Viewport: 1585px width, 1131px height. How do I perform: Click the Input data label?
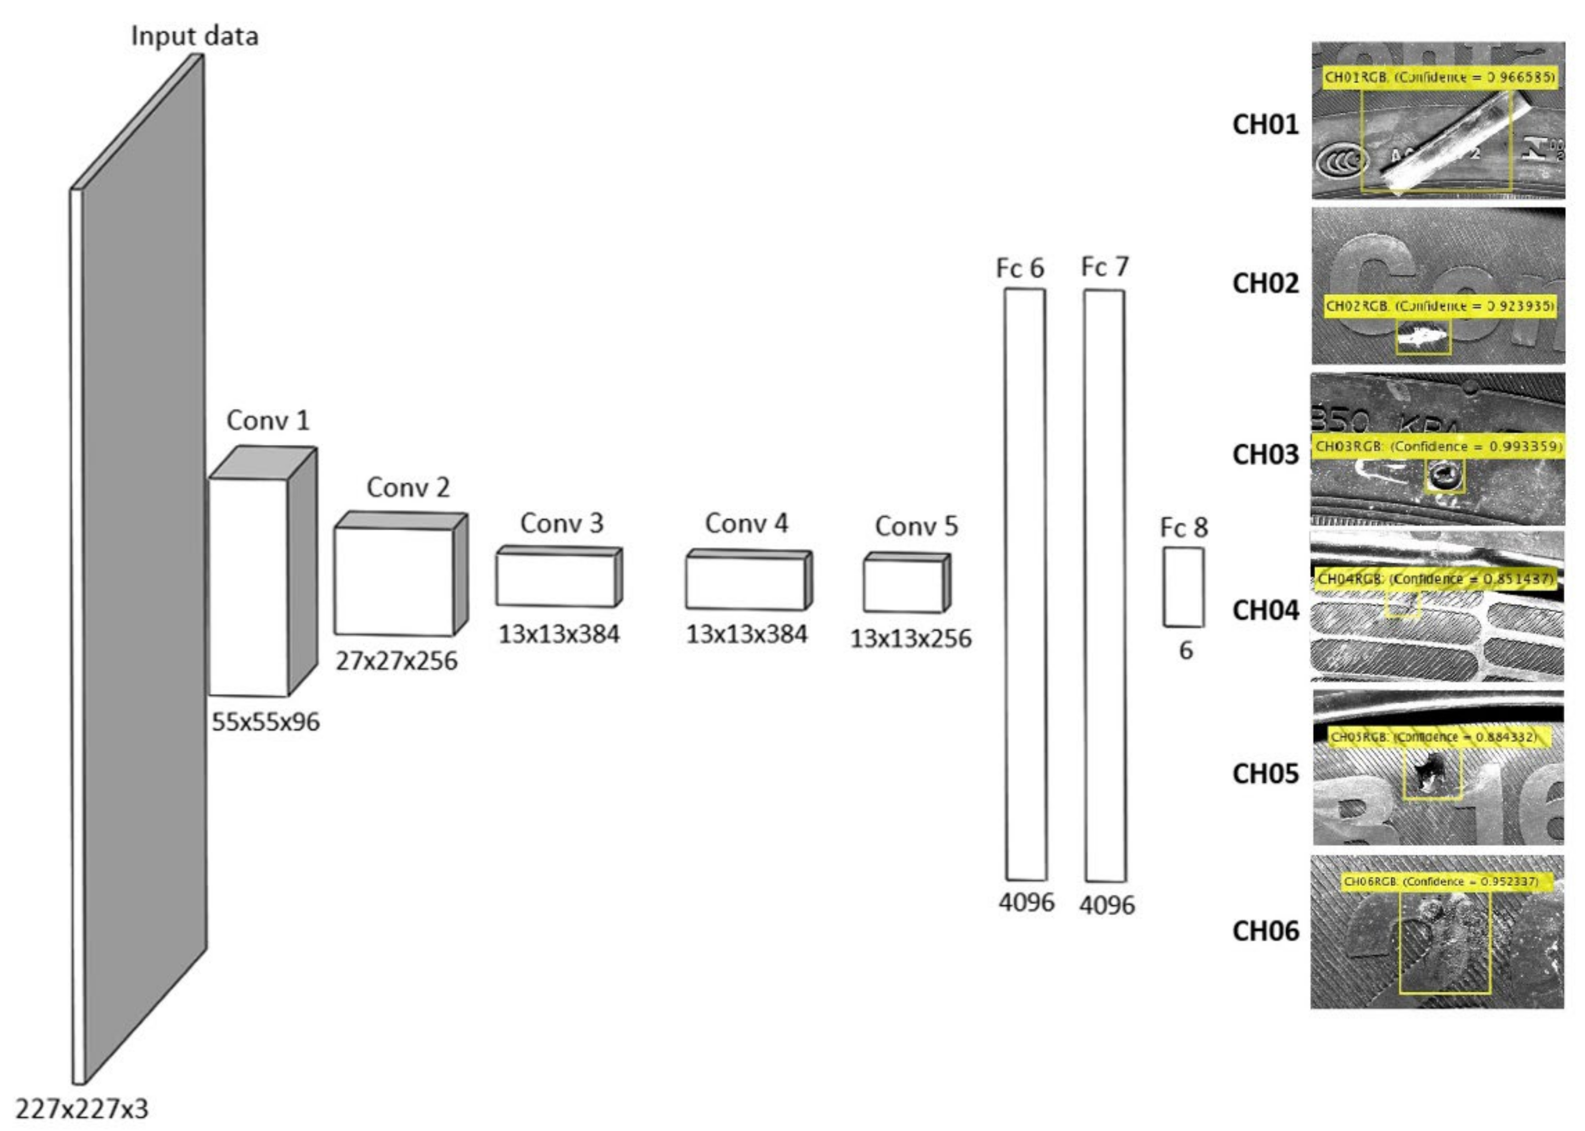(x=194, y=36)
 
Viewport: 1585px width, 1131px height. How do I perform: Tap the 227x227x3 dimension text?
(x=82, y=1107)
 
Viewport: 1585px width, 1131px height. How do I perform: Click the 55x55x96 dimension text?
(x=266, y=722)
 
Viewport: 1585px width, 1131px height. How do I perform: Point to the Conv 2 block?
(x=394, y=581)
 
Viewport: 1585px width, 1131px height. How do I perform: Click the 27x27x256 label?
(x=396, y=660)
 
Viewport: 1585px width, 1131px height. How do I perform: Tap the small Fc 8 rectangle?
(x=1183, y=586)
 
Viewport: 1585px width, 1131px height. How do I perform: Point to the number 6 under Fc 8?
(x=1185, y=650)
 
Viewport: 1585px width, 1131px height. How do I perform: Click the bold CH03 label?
(x=1266, y=454)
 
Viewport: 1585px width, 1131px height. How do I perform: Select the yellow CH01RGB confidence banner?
(x=1439, y=77)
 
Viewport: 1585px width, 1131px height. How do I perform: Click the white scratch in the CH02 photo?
(x=1421, y=339)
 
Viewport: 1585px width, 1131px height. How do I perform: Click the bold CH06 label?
(x=1266, y=931)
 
